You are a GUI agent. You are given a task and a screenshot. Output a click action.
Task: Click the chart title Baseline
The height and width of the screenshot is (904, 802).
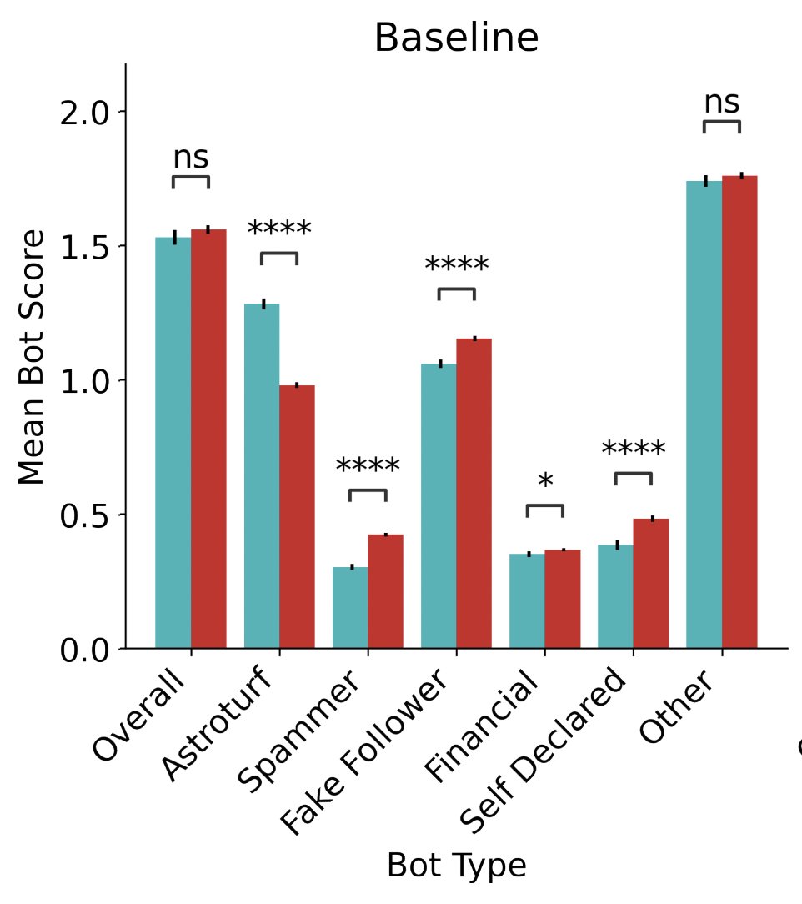[456, 38]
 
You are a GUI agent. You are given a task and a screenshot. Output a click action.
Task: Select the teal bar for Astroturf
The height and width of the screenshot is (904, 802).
[262, 475]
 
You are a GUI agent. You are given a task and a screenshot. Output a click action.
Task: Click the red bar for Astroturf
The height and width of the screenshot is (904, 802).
[298, 516]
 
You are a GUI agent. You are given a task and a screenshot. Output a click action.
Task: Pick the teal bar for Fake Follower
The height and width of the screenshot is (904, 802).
[439, 505]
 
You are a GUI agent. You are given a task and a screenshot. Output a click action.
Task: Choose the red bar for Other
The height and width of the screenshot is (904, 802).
[739, 412]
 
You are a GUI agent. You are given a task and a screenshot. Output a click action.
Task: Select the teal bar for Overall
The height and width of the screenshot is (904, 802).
[173, 443]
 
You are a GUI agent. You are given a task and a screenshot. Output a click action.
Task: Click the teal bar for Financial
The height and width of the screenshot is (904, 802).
[527, 600]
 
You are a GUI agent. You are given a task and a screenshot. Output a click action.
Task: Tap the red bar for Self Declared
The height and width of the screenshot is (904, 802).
[651, 583]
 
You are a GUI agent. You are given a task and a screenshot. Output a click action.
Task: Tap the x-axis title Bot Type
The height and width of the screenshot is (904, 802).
[456, 866]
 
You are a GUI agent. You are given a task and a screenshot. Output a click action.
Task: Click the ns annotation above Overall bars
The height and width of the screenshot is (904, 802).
[191, 158]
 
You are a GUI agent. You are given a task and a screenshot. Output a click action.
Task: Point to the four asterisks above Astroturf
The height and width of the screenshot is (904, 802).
[279, 230]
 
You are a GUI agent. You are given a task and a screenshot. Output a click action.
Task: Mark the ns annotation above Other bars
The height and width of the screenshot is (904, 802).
[721, 103]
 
